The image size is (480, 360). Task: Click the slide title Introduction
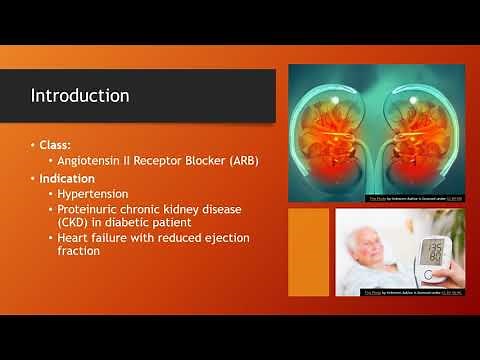[79, 96]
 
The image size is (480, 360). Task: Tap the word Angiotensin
[88, 161]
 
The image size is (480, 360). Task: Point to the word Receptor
[157, 161]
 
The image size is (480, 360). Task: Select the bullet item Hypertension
[97, 193]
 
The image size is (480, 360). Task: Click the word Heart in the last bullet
[77, 237]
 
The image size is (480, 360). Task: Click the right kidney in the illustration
[418, 130]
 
